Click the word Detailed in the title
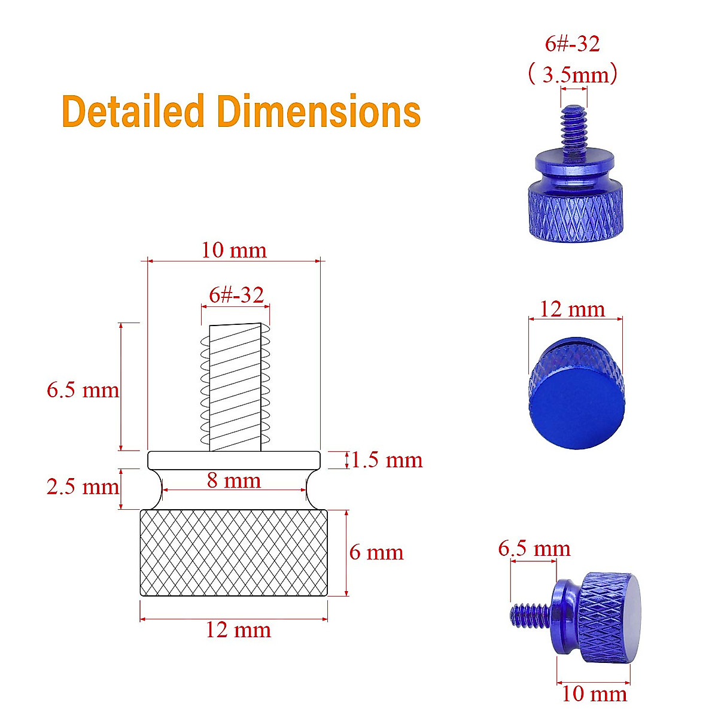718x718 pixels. click(133, 112)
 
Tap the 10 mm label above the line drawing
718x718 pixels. click(233, 250)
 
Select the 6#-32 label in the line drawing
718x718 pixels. click(236, 295)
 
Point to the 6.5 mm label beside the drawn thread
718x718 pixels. click(83, 390)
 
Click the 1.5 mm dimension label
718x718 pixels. click(387, 460)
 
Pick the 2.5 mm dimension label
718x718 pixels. click(83, 486)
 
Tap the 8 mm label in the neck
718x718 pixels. click(233, 480)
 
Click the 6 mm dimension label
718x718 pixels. click(376, 552)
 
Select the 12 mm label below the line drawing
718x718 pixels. click(238, 629)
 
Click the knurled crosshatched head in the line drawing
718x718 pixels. click(233, 552)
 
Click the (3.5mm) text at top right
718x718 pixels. click(572, 75)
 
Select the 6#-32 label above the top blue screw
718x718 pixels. click(572, 44)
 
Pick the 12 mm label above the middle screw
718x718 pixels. click(572, 309)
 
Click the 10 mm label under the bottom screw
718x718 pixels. click(594, 693)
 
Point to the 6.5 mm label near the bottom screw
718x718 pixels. click(534, 548)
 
